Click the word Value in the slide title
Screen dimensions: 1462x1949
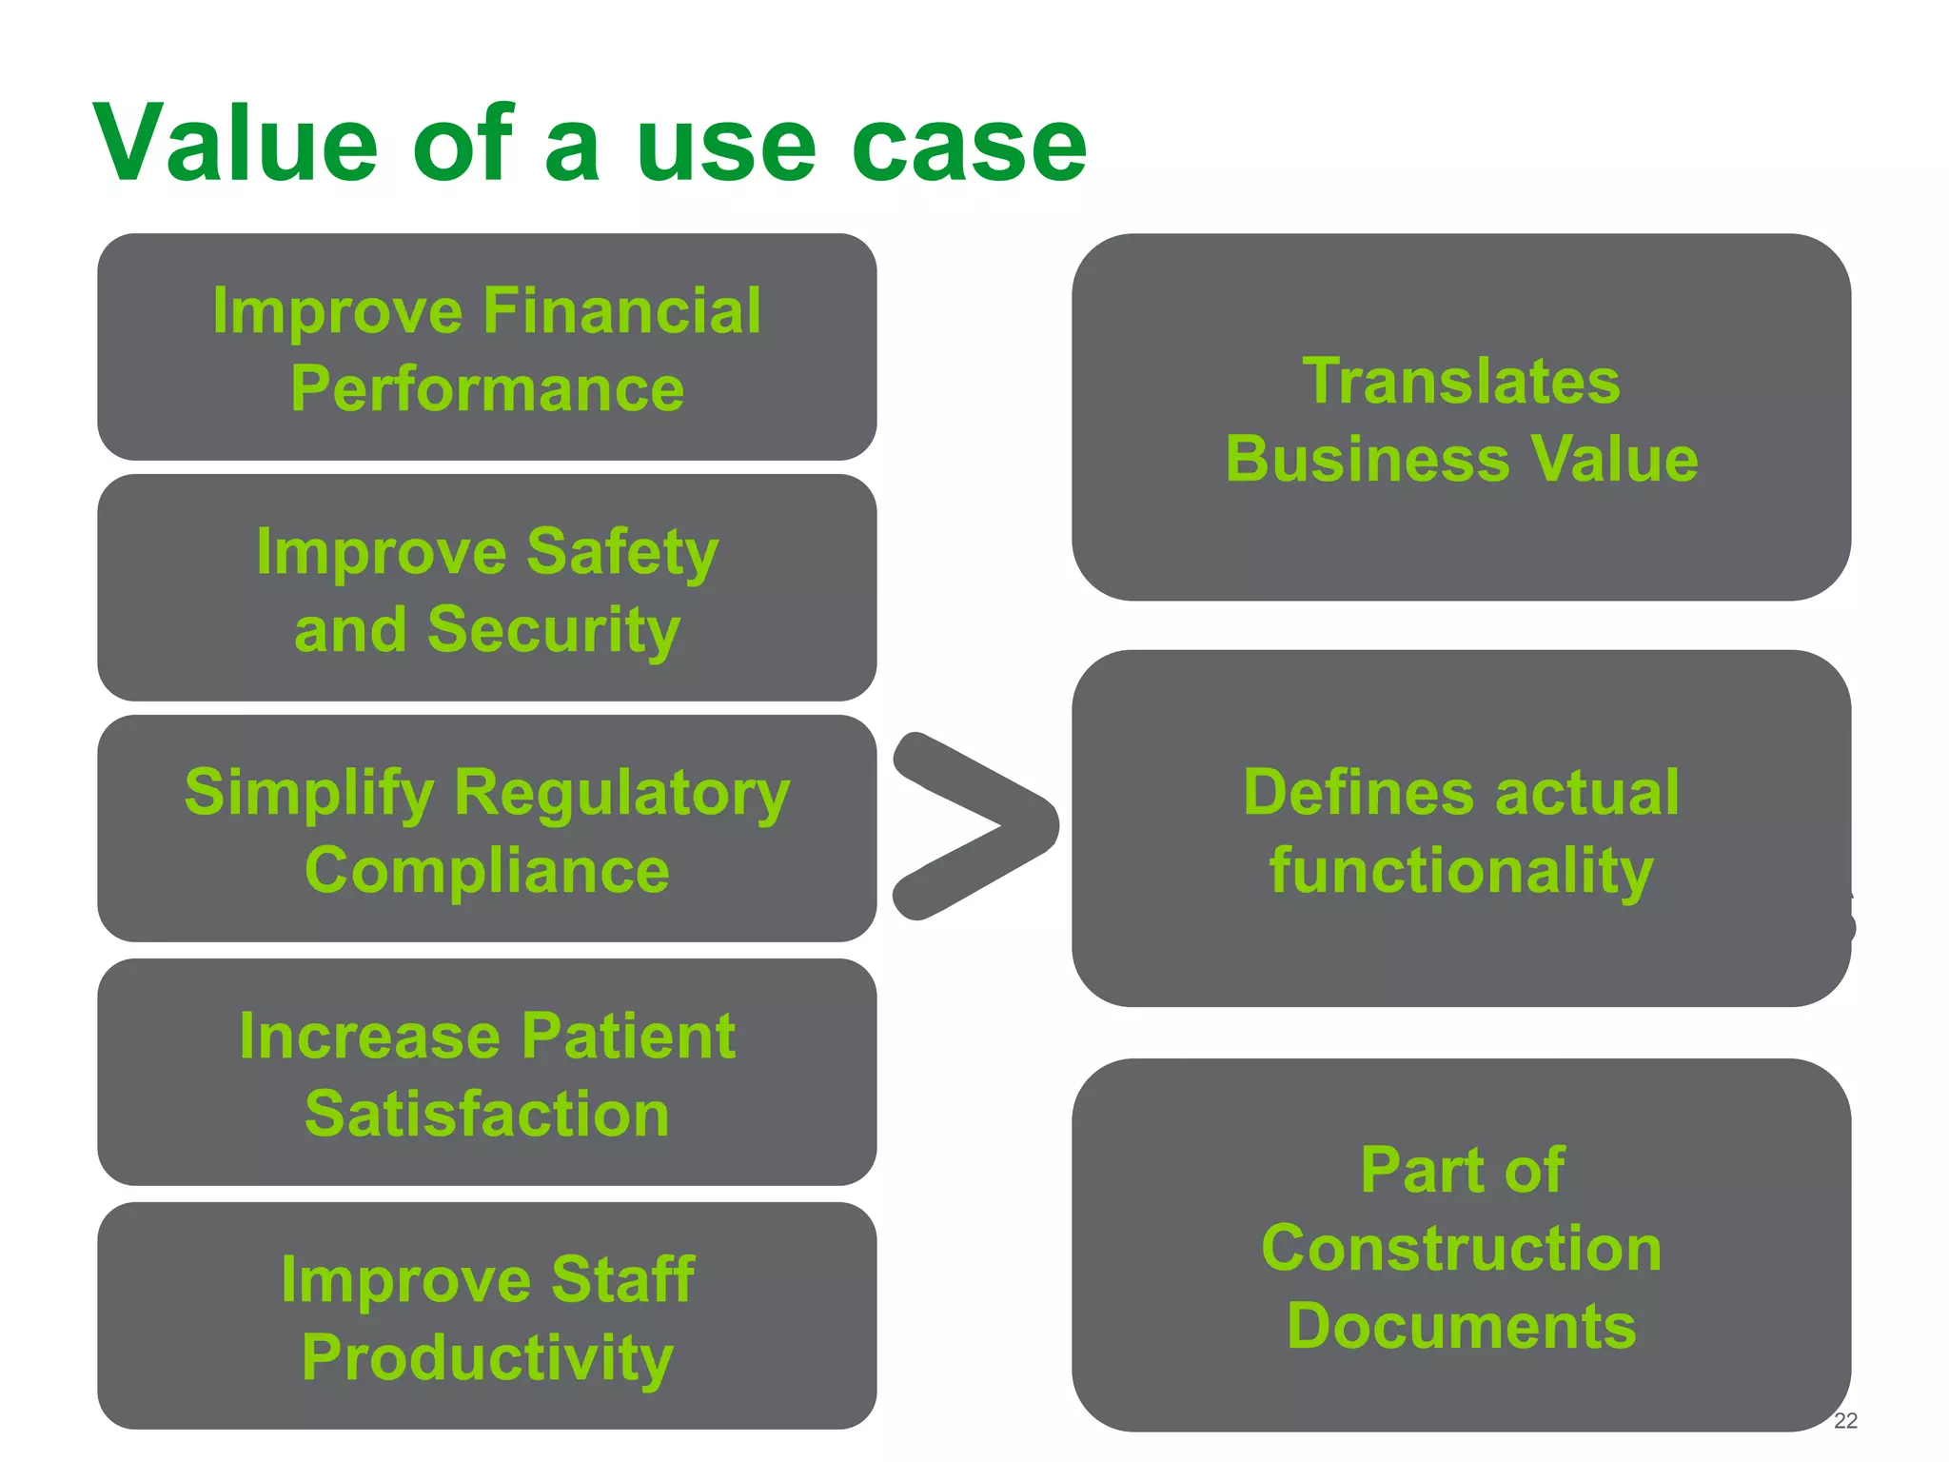[236, 145]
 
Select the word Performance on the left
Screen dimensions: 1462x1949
[487, 389]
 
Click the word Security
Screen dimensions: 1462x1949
[554, 631]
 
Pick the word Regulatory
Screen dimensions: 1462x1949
[621, 794]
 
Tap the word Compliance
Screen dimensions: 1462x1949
[487, 871]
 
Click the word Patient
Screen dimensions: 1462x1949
[628, 1036]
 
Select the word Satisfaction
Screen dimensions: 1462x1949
[487, 1115]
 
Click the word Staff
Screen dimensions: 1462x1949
[622, 1279]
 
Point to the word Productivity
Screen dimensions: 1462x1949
[487, 1358]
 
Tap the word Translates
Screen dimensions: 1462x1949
[1461, 382]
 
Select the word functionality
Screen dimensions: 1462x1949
[1461, 872]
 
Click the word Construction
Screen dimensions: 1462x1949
[1461, 1249]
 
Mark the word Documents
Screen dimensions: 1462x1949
[1461, 1327]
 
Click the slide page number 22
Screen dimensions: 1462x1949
[1845, 1421]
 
